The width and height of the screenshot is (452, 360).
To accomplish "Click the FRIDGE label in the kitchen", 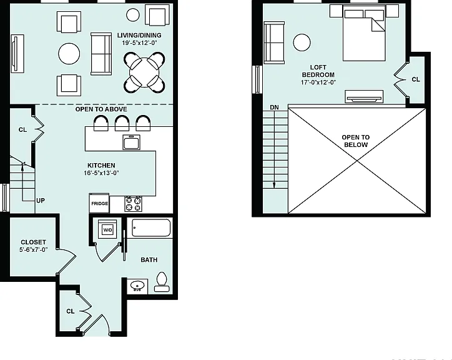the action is [100, 204].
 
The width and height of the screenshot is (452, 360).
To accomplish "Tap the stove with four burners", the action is [134, 204].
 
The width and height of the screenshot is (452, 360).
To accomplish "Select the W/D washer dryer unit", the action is [107, 230].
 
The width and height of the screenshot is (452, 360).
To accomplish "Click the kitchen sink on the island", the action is [132, 142].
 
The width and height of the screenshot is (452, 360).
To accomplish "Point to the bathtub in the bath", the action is [151, 227].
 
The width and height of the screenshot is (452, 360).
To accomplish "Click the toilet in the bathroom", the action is [162, 282].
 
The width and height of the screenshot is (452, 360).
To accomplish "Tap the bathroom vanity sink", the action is [137, 286].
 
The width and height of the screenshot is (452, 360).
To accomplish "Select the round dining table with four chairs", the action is [144, 72].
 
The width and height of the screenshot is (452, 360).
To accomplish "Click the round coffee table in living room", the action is [69, 54].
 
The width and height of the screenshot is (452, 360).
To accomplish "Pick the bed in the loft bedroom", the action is [364, 33].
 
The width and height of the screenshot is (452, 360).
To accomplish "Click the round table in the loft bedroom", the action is [302, 42].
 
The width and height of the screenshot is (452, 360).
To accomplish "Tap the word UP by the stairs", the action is [41, 201].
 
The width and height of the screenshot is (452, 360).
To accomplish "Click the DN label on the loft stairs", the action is [275, 107].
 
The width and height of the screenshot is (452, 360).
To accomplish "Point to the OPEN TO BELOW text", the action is [356, 141].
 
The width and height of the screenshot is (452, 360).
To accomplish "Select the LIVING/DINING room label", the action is [139, 35].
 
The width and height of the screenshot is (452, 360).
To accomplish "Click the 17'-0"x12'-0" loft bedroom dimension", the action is [318, 82].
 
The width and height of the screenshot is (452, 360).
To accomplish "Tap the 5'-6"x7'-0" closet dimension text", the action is [34, 250].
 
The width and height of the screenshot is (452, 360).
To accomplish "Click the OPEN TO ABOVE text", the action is [101, 109].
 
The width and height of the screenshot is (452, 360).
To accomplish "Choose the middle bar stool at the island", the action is [122, 123].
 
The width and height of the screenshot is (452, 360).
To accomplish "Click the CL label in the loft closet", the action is [416, 79].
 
